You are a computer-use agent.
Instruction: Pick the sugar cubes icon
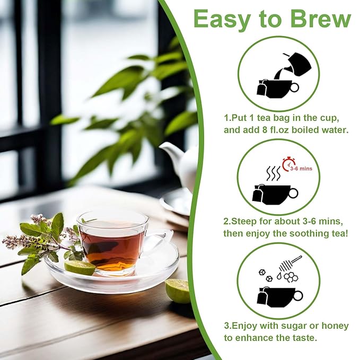pyautogui.click(x=265, y=275)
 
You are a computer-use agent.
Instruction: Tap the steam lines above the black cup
pyautogui.click(x=273, y=173)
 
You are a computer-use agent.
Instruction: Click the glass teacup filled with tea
pyautogui.click(x=111, y=242)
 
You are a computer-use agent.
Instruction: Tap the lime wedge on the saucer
pyautogui.click(x=80, y=268)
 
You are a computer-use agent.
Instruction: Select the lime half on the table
pyautogui.click(x=178, y=291)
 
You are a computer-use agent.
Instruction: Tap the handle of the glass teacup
pyautogui.click(x=159, y=241)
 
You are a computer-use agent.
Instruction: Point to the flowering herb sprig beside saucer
pyautogui.click(x=42, y=239)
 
